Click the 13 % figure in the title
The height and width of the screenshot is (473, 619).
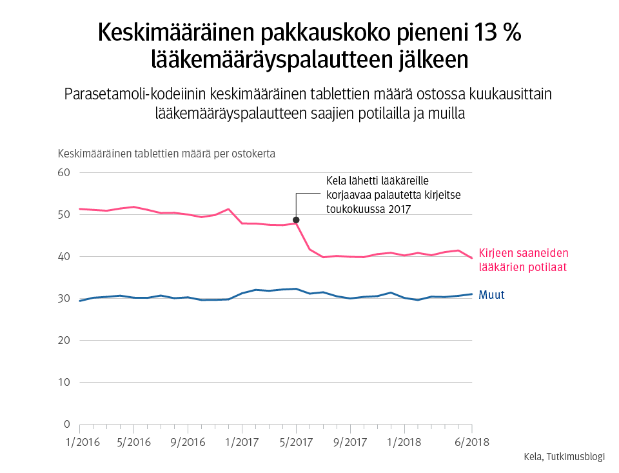pyautogui.click(x=496, y=34)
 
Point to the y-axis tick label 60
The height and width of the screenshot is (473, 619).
pyautogui.click(x=64, y=173)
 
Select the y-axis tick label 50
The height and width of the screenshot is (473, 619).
pyautogui.click(x=64, y=215)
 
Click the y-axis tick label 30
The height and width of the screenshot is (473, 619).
pyautogui.click(x=64, y=299)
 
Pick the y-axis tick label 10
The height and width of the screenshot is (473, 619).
pyautogui.click(x=64, y=383)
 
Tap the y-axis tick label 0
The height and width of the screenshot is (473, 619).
pyautogui.click(x=67, y=425)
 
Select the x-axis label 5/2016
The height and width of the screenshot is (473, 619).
pyautogui.click(x=133, y=443)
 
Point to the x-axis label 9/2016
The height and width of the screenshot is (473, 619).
pyautogui.click(x=188, y=443)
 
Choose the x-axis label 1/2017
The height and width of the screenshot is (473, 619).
pyautogui.click(x=242, y=443)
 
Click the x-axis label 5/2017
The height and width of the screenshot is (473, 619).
pyautogui.click(x=296, y=443)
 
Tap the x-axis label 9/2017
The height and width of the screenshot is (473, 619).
pyautogui.click(x=350, y=443)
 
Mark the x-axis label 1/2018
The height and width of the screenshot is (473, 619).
pyautogui.click(x=404, y=443)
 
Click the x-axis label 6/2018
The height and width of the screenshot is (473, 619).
pyautogui.click(x=472, y=443)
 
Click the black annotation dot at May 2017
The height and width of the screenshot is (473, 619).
pyautogui.click(x=296, y=220)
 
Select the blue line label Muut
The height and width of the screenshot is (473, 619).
pyautogui.click(x=491, y=295)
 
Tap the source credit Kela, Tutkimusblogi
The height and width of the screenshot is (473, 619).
pyautogui.click(x=564, y=457)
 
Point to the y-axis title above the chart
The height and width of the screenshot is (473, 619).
pyautogui.click(x=167, y=154)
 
